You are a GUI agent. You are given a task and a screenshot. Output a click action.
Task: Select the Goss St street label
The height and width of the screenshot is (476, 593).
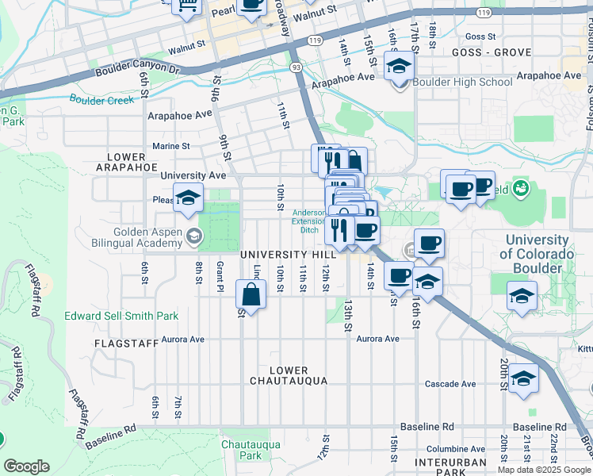click(x=480, y=36)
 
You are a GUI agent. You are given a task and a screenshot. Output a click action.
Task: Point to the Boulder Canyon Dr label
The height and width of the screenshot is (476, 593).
click(x=138, y=71)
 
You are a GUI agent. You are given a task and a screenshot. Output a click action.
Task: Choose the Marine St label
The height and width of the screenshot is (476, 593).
click(x=171, y=146)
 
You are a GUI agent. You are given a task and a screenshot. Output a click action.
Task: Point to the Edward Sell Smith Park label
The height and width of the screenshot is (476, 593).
click(x=121, y=316)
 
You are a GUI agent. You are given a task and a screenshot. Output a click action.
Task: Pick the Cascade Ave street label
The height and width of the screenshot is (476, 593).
click(x=450, y=384)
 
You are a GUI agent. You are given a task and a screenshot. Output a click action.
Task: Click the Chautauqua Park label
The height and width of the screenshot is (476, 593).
click(x=251, y=450)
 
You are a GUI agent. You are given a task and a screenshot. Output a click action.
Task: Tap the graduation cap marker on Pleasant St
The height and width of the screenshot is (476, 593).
click(x=188, y=198)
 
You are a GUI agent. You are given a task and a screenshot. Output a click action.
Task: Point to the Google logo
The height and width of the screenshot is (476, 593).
click(x=26, y=466)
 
